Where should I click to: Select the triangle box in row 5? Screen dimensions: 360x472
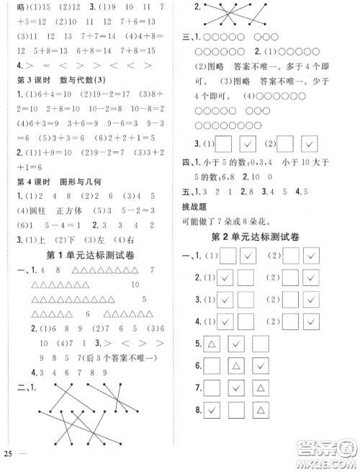[212, 344]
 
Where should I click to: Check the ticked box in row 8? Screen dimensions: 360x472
[212, 411]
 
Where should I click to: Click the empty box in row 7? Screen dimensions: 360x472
[212, 389]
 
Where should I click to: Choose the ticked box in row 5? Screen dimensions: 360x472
[235, 344]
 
